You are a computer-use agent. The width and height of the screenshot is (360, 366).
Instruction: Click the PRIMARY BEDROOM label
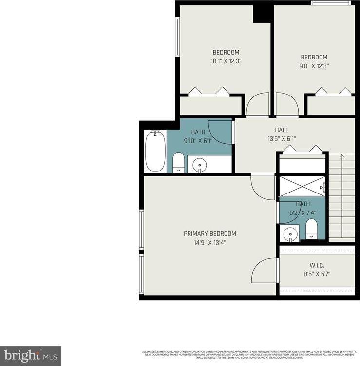(209, 233)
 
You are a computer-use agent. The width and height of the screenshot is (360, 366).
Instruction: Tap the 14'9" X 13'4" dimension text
(209, 242)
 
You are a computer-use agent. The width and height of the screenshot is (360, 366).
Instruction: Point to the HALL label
(281, 130)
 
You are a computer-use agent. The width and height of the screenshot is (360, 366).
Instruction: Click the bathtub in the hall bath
(155, 150)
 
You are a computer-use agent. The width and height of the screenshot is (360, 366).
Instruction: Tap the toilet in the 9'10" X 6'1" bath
(179, 162)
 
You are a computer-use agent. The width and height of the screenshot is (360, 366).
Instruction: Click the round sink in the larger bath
(200, 166)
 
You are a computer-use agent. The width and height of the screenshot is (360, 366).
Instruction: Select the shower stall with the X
(302, 186)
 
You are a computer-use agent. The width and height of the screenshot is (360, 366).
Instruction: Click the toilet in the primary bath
(312, 229)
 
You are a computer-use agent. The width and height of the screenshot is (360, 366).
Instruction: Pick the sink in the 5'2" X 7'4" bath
(290, 234)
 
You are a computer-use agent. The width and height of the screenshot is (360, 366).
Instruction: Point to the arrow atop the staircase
(341, 156)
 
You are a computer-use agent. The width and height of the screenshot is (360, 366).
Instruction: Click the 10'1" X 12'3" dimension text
(226, 61)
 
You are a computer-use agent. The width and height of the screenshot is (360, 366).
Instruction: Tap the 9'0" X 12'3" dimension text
(314, 66)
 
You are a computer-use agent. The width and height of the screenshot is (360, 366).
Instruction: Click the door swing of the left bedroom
(258, 104)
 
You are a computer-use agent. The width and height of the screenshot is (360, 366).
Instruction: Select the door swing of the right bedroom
(286, 104)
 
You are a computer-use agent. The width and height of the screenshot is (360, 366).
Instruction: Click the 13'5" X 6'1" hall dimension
(281, 138)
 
